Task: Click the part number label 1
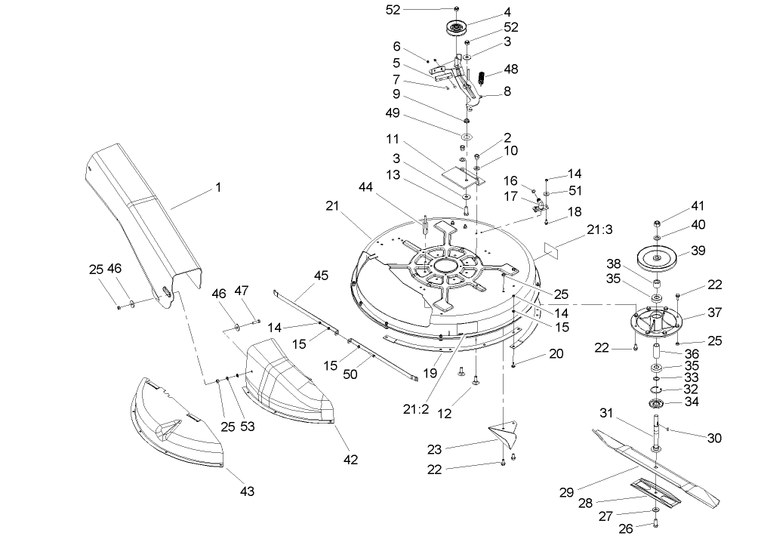point(218,186)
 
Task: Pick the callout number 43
point(247,491)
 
